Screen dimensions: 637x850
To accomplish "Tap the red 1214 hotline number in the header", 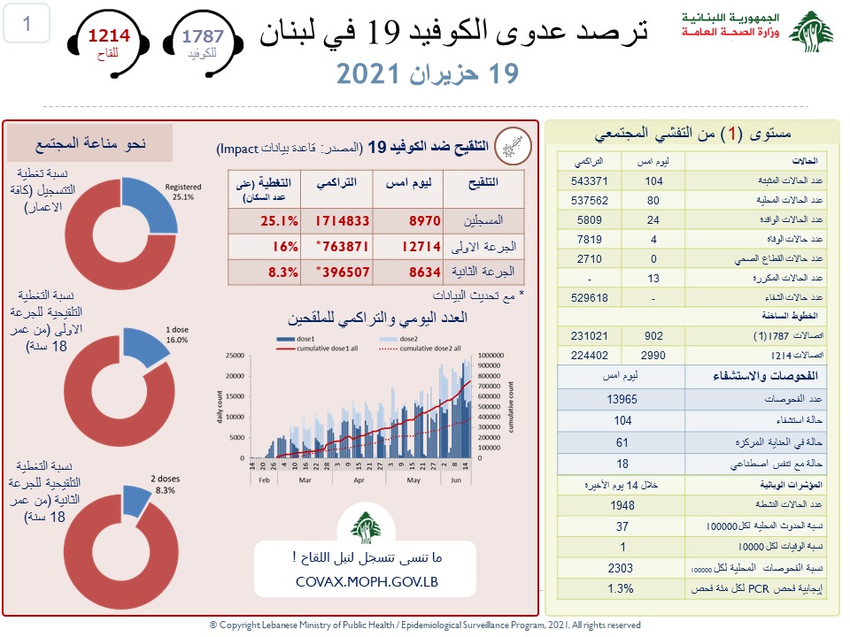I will click(107, 36).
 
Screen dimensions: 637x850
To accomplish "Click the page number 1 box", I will click(27, 24).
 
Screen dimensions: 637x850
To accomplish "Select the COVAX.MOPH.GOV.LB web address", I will click(367, 582).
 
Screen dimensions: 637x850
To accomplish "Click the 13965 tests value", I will click(624, 400).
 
